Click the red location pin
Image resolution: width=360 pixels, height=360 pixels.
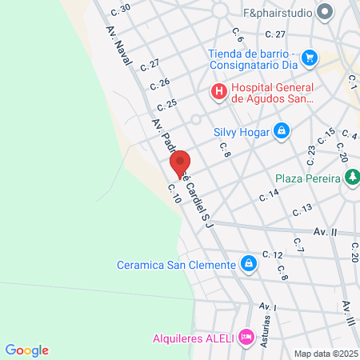pyautogui.click(x=179, y=163)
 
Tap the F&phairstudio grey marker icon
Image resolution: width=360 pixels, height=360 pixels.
pyautogui.click(x=325, y=12)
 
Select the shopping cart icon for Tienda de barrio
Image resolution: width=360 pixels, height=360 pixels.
pyautogui.click(x=310, y=58)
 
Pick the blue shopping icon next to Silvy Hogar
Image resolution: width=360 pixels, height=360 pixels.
pyautogui.click(x=281, y=130)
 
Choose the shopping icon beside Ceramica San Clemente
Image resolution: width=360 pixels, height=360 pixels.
pyautogui.click(x=250, y=264)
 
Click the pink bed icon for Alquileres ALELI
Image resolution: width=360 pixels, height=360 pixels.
pyautogui.click(x=246, y=338)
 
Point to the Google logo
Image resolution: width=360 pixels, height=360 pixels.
pyautogui.click(x=27, y=350)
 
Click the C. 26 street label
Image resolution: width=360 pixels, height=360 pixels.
pyautogui.click(x=160, y=83)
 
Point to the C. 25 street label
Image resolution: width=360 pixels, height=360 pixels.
pyautogui.click(x=167, y=104)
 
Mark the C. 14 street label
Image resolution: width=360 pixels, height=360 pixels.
pyautogui.click(x=269, y=194)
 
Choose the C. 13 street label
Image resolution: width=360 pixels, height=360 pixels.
pyautogui.click(x=302, y=210)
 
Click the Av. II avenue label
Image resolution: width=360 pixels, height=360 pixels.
pyautogui.click(x=325, y=231)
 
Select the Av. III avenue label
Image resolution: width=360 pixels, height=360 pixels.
pyautogui.click(x=349, y=313)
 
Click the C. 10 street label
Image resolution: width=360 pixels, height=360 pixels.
pyautogui.click(x=174, y=194)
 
